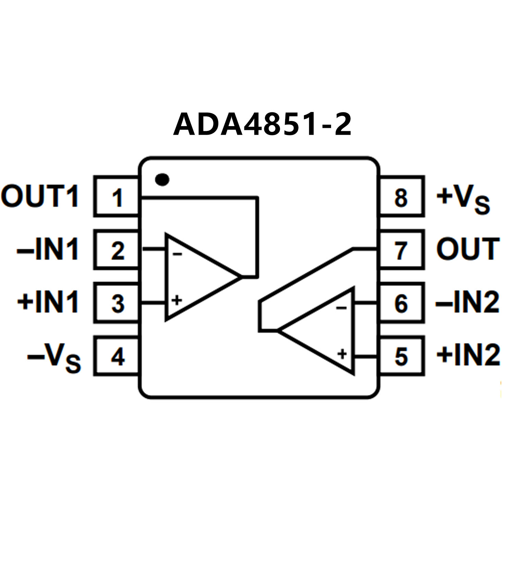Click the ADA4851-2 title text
click(262, 124)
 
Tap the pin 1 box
click(117, 196)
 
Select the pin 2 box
click(117, 250)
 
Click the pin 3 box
click(117, 303)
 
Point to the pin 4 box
click(117, 356)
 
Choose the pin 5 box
click(402, 356)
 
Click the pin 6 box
click(402, 303)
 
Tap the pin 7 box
click(402, 250)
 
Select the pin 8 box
click(402, 196)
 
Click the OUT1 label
click(40, 196)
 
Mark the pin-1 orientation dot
click(162, 179)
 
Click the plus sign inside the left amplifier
click(177, 301)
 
